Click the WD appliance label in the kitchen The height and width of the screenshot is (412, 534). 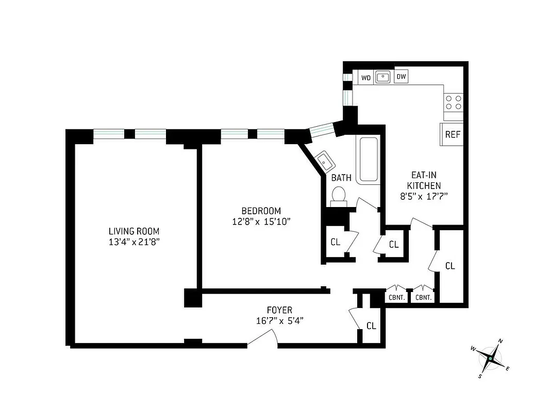(x=366, y=78)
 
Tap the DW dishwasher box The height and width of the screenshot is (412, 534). (x=401, y=77)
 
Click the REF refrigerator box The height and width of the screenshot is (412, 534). (x=452, y=135)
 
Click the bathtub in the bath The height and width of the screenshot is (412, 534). (x=369, y=160)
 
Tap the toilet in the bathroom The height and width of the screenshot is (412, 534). (x=338, y=196)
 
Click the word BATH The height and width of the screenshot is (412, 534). (x=341, y=178)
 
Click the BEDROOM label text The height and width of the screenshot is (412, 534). (x=261, y=211)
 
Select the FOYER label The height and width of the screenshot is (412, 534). (x=279, y=310)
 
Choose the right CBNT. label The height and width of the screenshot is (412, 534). (x=423, y=297)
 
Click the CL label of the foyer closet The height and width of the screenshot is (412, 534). (x=371, y=326)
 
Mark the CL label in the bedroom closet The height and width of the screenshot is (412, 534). (x=335, y=242)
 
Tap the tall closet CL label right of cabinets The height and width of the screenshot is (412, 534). (x=450, y=266)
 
